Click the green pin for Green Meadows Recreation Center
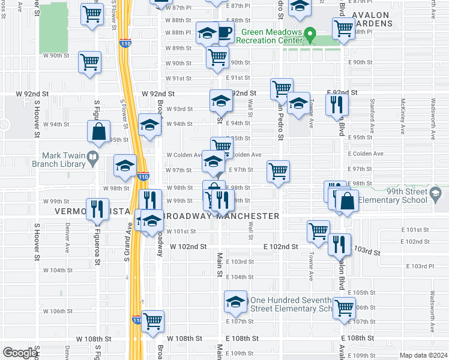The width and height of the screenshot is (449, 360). tap(310, 35)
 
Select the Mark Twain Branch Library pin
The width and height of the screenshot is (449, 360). tap(92, 158)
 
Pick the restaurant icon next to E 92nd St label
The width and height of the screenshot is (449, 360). tap(336, 104)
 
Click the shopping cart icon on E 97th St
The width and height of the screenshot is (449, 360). tap(279, 171)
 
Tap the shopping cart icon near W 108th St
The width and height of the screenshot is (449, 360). tap(153, 321)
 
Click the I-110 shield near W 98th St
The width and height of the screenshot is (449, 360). tap(142, 177)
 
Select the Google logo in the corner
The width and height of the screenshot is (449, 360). tap(20, 352)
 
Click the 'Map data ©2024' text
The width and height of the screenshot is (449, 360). tap(423, 355)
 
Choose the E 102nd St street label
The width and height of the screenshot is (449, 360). tap(281, 247)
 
